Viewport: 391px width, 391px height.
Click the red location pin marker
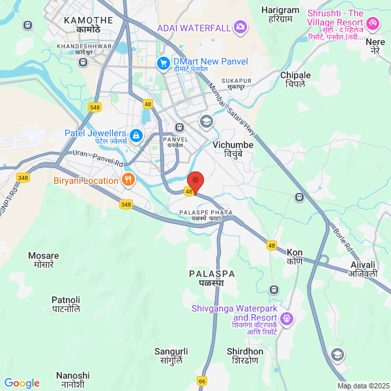(195, 181)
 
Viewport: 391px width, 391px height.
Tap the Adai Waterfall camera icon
(240, 27)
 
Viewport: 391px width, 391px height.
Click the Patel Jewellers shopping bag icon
(136, 136)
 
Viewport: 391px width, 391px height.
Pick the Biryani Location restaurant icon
(128, 180)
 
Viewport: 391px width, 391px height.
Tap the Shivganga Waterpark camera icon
(288, 319)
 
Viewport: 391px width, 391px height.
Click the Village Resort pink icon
(373, 23)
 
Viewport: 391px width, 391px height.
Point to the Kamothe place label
(89, 25)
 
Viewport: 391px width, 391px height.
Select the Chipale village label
(295, 80)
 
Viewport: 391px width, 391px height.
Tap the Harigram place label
(280, 14)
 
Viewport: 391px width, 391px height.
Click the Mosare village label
(44, 260)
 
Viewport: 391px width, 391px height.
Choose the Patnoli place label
(66, 304)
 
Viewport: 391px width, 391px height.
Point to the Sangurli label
(171, 356)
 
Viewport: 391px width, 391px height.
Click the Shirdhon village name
(245, 356)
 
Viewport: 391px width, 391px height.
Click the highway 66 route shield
(202, 380)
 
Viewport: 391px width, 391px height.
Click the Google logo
(22, 383)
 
